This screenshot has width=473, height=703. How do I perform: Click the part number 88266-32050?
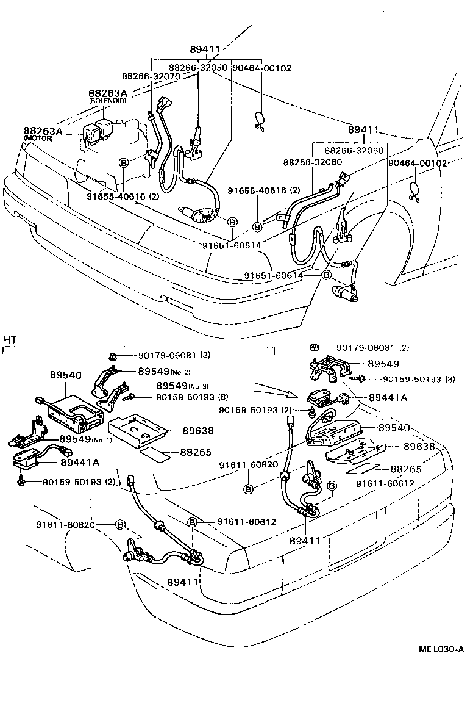198,68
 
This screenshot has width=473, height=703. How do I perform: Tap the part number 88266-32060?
353,150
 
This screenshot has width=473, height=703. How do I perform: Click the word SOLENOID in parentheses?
108,100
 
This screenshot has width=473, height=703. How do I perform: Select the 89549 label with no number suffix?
382,363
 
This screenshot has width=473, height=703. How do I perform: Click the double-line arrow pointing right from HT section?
271,389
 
